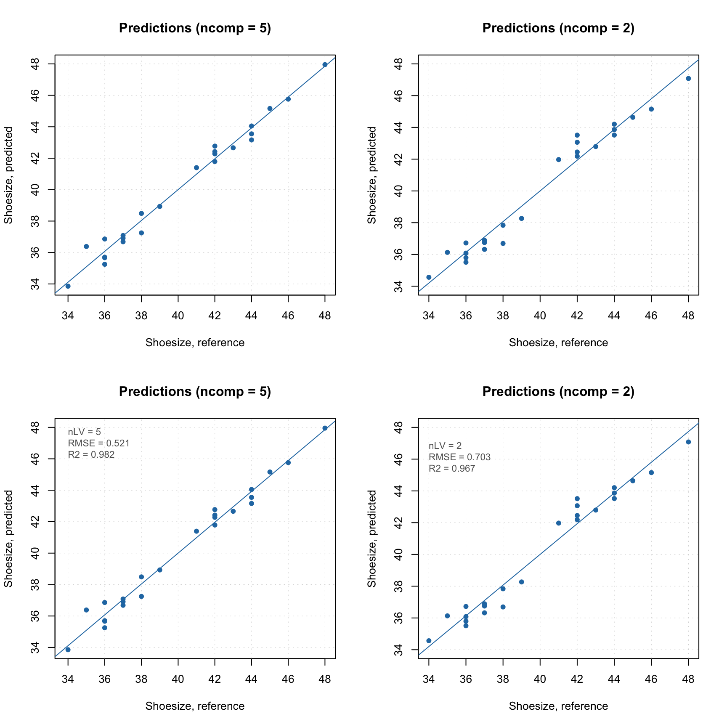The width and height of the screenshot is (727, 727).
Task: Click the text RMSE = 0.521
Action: pyautogui.click(x=98, y=443)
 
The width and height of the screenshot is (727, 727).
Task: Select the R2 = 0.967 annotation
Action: pyautogui.click(x=451, y=468)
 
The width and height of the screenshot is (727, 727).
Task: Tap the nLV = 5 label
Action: pyautogui.click(x=84, y=432)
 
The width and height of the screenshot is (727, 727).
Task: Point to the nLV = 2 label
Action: pyautogui.click(x=445, y=446)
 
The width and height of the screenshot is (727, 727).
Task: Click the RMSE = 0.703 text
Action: pyautogui.click(x=459, y=457)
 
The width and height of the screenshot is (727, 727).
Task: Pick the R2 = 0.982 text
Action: pyautogui.click(x=91, y=454)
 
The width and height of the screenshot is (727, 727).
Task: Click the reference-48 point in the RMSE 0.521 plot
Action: pyautogui.click(x=325, y=428)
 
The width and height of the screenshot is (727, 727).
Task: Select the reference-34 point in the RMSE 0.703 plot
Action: pyautogui.click(x=429, y=641)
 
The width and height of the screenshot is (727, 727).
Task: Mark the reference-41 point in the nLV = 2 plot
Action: pyautogui.click(x=558, y=523)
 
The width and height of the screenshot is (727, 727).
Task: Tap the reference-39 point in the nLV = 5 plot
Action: pyautogui.click(x=159, y=570)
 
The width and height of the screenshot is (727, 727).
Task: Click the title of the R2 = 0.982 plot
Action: pyautogui.click(x=195, y=392)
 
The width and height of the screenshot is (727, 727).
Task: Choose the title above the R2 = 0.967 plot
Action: pyautogui.click(x=558, y=392)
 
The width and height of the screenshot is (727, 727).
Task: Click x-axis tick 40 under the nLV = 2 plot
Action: pyautogui.click(x=540, y=679)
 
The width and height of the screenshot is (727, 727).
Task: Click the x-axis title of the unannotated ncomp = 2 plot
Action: pyautogui.click(x=558, y=343)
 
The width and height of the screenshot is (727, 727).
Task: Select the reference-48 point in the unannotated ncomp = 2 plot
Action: pyautogui.click(x=688, y=79)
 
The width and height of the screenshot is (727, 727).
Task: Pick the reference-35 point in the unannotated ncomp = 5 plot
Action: pyautogui.click(x=86, y=247)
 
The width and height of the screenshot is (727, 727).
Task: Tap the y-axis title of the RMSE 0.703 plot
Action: pyautogui.click(x=372, y=539)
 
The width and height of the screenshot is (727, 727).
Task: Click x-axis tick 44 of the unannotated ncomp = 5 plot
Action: pyautogui.click(x=252, y=316)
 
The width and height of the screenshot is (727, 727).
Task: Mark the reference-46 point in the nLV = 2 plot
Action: pyautogui.click(x=651, y=472)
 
